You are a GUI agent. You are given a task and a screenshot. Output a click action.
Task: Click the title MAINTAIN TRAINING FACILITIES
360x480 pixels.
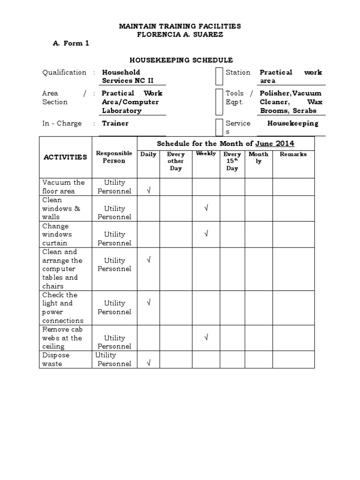pos(180,26)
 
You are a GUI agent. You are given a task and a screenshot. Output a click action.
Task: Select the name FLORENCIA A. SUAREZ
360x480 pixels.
pos(180,34)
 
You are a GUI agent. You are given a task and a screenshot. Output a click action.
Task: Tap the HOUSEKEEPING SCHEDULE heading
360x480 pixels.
pos(181,60)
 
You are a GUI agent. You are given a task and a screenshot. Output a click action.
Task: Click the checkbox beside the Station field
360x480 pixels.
pos(219,76)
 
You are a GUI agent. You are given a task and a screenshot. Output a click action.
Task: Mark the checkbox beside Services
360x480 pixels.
pos(219,127)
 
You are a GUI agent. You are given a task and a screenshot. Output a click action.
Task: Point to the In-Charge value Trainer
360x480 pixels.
pos(115,123)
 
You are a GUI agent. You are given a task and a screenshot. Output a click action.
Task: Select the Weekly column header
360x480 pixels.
pos(206,154)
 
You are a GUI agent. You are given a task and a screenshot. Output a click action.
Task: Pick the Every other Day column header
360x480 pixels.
pos(176,161)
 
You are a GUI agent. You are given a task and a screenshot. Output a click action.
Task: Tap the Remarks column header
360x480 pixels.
pos(293,154)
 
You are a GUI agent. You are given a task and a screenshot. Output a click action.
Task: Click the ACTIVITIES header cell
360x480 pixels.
pos(65,157)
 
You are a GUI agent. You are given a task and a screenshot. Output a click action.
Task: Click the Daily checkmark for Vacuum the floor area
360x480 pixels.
pos(149,190)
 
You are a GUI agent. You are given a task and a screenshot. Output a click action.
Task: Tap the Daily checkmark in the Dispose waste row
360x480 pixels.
pos(149,363)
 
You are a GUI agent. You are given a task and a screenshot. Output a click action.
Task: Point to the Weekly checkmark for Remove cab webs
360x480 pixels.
pos(206,337)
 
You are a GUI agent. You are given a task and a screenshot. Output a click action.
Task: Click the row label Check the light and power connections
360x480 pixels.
pos(63,307)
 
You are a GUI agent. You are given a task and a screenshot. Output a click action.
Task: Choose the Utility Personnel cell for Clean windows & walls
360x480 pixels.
pos(114,212)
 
